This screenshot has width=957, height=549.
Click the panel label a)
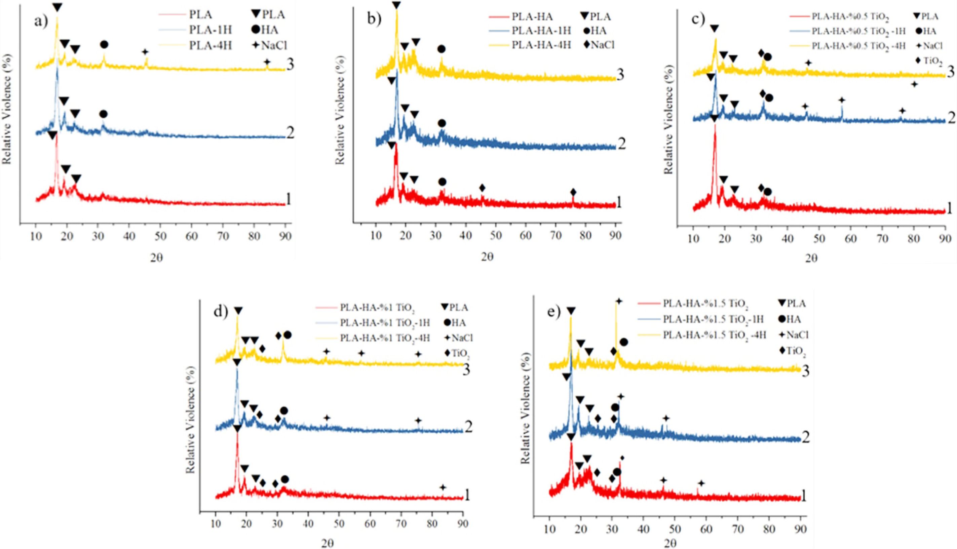(x=41, y=22)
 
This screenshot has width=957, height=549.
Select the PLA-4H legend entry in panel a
(x=210, y=46)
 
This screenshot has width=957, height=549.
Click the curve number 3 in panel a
(x=290, y=65)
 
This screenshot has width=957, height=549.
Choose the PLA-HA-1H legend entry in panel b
(x=541, y=31)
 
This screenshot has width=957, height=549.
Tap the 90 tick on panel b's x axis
(x=615, y=236)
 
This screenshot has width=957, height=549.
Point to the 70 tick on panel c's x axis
(x=882, y=239)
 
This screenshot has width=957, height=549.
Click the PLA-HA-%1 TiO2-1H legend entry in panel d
(x=385, y=323)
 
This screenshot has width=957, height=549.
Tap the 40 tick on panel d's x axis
(x=308, y=524)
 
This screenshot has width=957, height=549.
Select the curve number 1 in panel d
(x=467, y=495)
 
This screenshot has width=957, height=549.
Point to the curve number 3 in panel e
(x=805, y=371)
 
